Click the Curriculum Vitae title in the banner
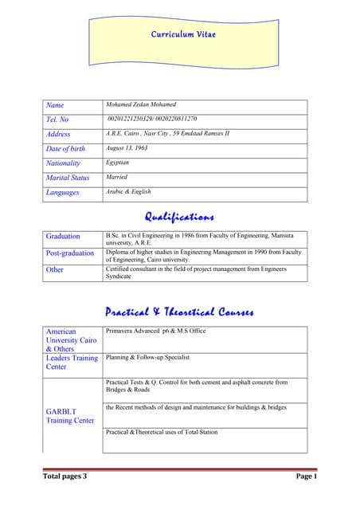(x=183, y=34)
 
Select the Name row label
(x=55, y=105)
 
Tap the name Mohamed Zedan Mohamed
(x=141, y=104)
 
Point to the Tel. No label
(x=59, y=120)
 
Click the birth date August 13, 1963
(x=127, y=148)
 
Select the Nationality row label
(x=63, y=163)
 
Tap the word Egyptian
(x=118, y=163)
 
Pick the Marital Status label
(x=68, y=178)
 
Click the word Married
(x=116, y=177)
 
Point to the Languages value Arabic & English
(x=128, y=191)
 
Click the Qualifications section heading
(x=179, y=217)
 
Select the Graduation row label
(x=63, y=237)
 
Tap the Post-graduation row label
(x=72, y=253)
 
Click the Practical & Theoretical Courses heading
(x=179, y=312)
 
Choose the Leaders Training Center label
(x=72, y=363)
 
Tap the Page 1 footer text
(x=306, y=477)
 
